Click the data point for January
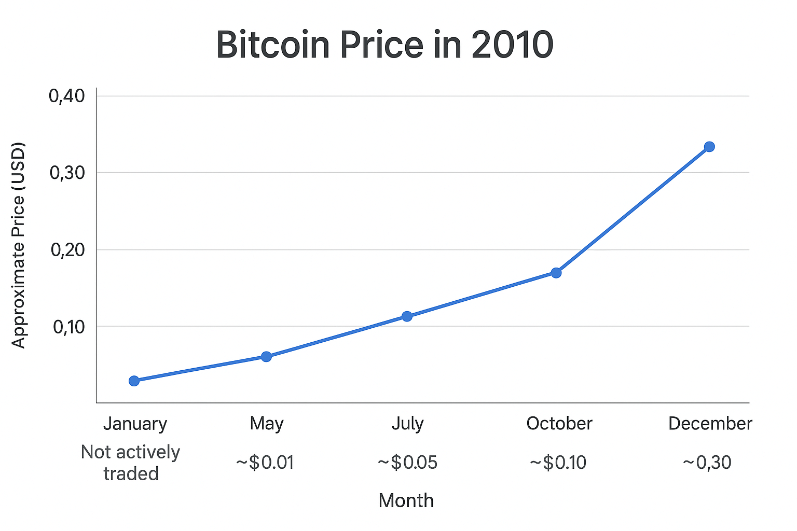134,381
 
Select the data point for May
266,356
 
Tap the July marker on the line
407,316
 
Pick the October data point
556,273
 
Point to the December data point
709,147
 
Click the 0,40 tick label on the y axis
67,96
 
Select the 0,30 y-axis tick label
67,173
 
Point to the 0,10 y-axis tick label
68,327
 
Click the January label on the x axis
135,424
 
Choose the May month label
266,424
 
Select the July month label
407,424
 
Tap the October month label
559,424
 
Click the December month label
710,424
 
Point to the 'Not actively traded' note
131,463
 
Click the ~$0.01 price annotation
265,462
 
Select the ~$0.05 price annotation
407,462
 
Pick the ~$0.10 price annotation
558,462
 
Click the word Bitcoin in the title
273,45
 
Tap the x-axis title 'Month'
406,500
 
